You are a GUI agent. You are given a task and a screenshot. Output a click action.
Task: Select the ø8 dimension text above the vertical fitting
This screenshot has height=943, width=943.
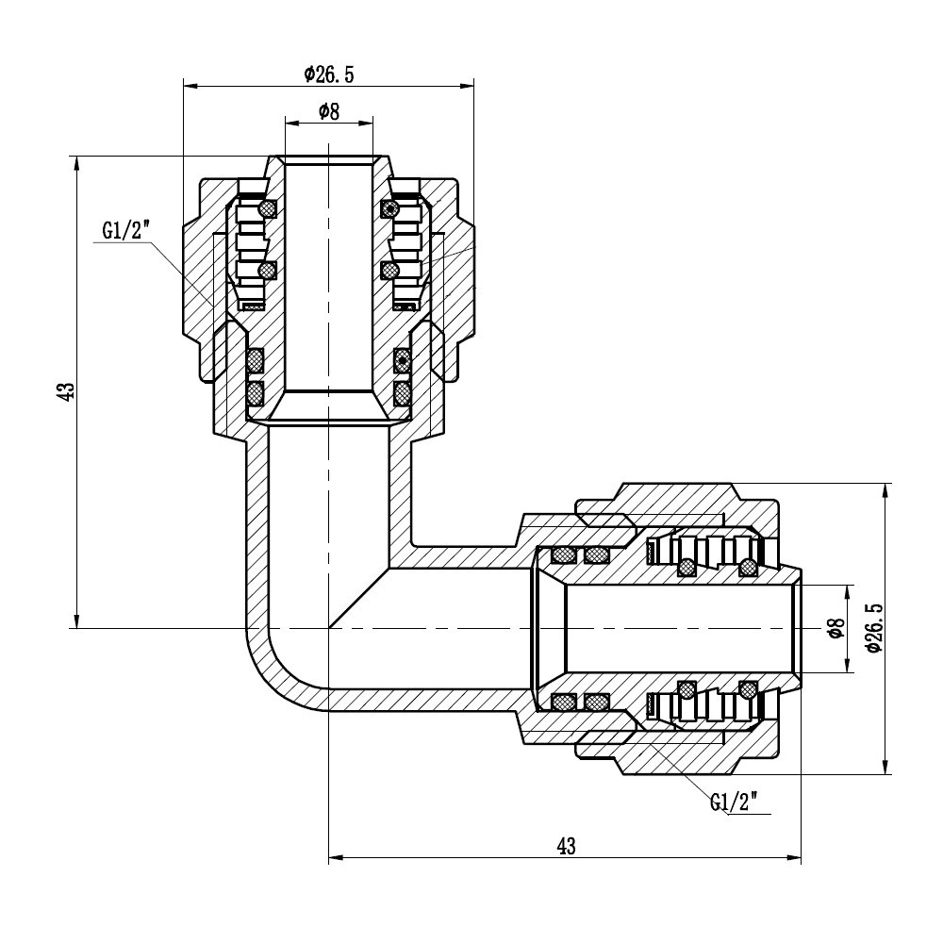pyautogui.click(x=328, y=111)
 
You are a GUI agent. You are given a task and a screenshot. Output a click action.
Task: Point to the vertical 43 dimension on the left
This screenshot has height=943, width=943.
pyautogui.click(x=64, y=392)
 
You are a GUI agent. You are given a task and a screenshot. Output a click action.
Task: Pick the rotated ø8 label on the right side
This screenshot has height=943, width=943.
pyautogui.click(x=833, y=629)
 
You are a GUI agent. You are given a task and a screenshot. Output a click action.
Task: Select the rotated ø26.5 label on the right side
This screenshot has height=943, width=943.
pyautogui.click(x=872, y=629)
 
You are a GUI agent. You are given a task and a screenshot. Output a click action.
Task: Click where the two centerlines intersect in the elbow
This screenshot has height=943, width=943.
pyautogui.click(x=328, y=628)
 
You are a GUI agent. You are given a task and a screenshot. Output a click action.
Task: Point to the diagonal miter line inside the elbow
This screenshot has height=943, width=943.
pyautogui.click(x=358, y=598)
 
